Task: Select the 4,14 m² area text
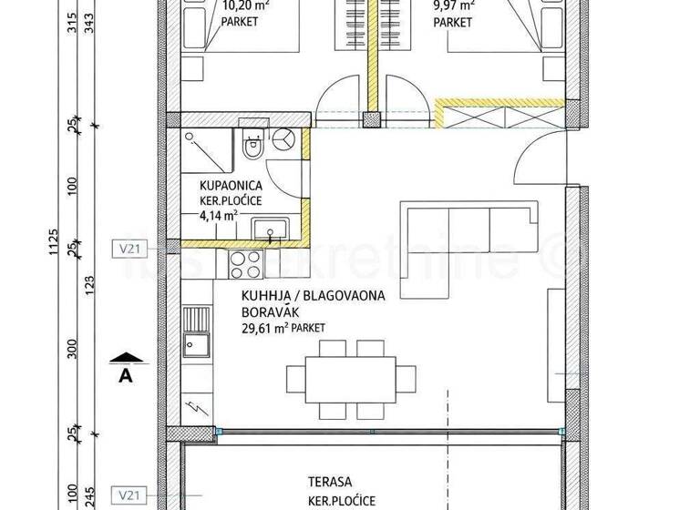(219, 215)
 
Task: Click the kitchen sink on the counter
(195, 343)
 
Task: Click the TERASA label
(327, 483)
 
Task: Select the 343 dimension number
(88, 22)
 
